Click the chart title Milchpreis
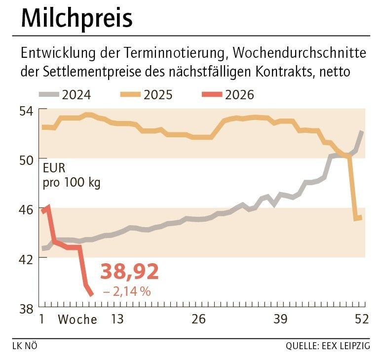tap(76, 18)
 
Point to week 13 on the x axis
tap(116, 320)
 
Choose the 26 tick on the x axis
tap(198, 320)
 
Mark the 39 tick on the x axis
tap(280, 320)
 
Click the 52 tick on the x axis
tap(362, 320)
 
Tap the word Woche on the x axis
tap(77, 320)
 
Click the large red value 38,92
tap(129, 272)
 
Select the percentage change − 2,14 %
tap(127, 292)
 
